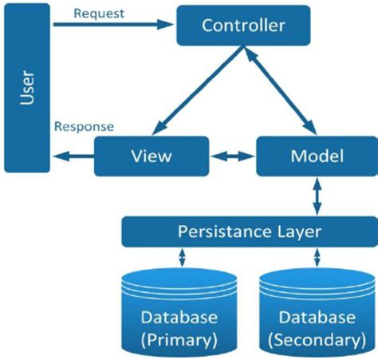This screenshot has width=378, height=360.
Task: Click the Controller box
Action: (x=242, y=25)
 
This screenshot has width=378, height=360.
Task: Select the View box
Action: (x=152, y=156)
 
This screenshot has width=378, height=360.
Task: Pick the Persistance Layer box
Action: (x=249, y=232)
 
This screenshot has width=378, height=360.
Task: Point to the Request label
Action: (x=98, y=13)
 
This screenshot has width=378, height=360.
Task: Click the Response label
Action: (x=84, y=127)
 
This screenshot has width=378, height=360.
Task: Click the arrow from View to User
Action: (x=73, y=156)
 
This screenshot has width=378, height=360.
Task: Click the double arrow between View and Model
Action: (x=232, y=156)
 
